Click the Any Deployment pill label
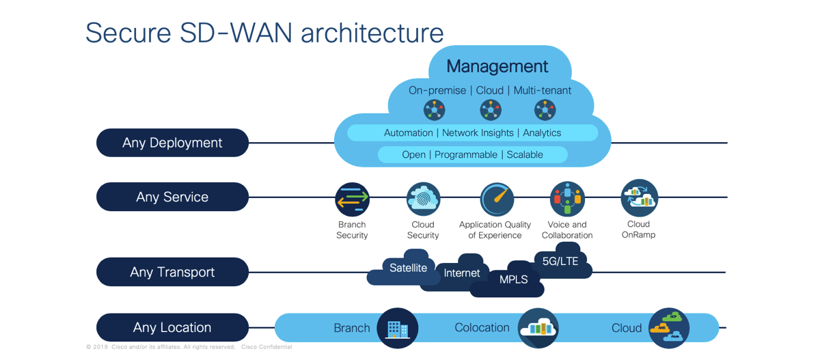coord(172,143)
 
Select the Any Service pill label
coord(172,197)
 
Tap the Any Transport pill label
coord(172,272)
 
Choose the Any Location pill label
coord(172,327)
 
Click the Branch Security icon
coord(353,199)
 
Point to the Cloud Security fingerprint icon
coord(423,199)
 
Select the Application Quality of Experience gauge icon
coord(496,199)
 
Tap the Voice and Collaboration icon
coord(567,199)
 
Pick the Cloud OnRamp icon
coord(639,198)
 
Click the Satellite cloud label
coord(408,268)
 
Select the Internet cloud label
coord(462,273)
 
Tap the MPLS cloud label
coord(513,279)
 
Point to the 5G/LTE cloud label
coord(560,261)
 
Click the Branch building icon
coord(397,329)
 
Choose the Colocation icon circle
coord(538,329)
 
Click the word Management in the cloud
coord(497,66)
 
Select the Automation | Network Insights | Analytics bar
coord(472,133)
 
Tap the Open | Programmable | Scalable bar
coord(472,154)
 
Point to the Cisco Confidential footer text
coord(266,347)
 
